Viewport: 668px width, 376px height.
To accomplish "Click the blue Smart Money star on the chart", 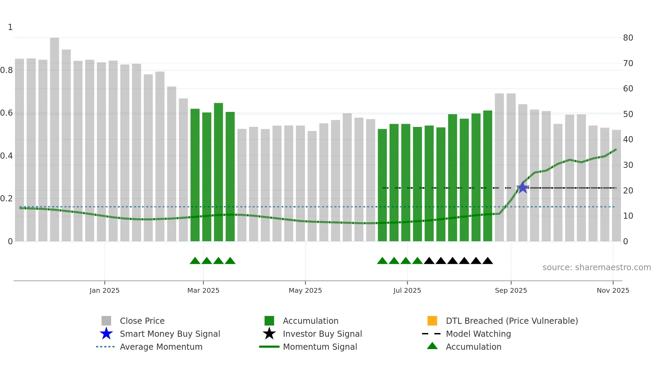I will (x=522, y=188).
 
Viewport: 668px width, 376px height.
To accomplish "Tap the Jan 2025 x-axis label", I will (x=105, y=290).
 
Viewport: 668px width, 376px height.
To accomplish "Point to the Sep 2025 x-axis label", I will (x=511, y=290).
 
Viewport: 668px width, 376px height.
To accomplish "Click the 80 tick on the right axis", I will (x=628, y=38).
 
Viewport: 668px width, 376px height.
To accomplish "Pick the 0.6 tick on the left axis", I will (x=6, y=113).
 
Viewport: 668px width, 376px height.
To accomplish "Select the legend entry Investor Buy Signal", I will (x=322, y=334).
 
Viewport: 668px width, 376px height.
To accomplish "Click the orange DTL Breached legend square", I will (x=432, y=321).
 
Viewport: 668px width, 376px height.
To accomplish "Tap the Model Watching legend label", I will (x=478, y=334).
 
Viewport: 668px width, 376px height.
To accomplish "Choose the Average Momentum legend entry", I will (x=161, y=347).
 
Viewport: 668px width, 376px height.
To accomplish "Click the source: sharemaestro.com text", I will (x=596, y=267).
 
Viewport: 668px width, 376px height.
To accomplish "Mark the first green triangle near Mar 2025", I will (x=195, y=261).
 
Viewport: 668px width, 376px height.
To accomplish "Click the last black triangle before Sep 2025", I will (x=488, y=261).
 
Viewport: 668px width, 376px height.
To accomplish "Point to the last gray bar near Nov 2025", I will (x=616, y=186).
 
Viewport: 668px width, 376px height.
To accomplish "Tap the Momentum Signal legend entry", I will (x=320, y=347).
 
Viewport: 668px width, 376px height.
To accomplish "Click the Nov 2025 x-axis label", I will (x=613, y=290).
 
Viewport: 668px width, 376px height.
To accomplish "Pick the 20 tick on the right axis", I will (x=628, y=191).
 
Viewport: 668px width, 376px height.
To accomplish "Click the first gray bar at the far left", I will (x=19, y=150).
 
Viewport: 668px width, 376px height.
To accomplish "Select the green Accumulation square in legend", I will (x=269, y=321).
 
